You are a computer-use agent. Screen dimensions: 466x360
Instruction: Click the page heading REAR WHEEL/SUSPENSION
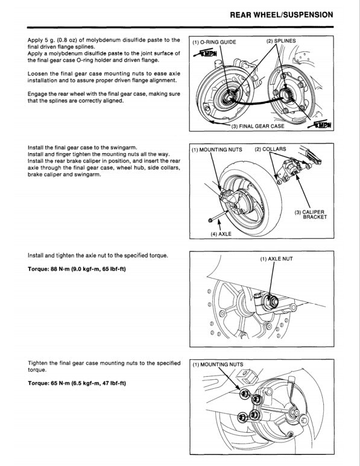point(281,14)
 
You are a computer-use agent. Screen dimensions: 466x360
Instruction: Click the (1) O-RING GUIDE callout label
point(214,43)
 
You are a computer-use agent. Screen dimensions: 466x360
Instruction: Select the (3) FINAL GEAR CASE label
point(258,127)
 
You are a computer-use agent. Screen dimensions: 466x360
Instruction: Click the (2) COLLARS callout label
point(270,149)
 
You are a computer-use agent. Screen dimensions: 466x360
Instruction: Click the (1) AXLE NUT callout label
point(276,258)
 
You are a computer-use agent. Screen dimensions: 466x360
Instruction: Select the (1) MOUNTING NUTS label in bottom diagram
point(218,365)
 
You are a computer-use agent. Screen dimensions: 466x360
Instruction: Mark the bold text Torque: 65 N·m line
point(77,383)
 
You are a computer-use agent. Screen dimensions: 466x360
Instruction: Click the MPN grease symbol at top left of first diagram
point(203,55)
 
